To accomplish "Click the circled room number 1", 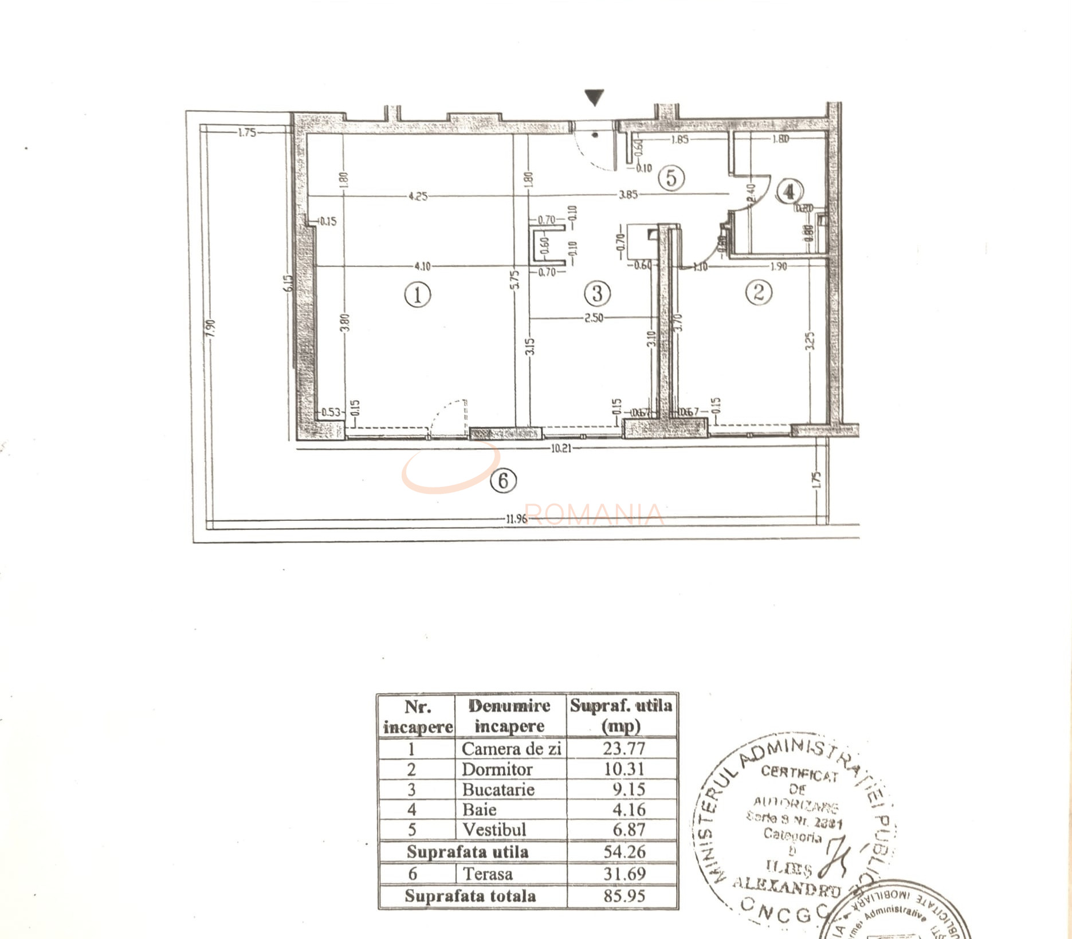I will [x=417, y=295].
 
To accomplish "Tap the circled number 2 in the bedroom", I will [x=758, y=292].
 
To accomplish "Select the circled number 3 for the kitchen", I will [x=597, y=293].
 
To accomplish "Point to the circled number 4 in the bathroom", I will [x=790, y=191].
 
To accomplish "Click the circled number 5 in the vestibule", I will [x=671, y=178].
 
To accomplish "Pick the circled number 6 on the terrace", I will [x=503, y=480].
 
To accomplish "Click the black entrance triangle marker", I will [x=595, y=97].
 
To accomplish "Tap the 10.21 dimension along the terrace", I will [x=561, y=449].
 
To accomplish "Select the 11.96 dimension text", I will [x=516, y=520].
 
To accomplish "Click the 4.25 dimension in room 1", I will [x=418, y=196].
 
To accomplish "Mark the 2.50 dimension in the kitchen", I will [x=594, y=318].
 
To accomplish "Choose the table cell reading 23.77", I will [x=623, y=748].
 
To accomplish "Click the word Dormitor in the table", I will [x=497, y=769].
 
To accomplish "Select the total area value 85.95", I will [x=624, y=895].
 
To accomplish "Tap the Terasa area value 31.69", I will [x=624, y=874].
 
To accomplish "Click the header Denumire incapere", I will [x=509, y=716].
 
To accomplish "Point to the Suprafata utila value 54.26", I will [x=624, y=851].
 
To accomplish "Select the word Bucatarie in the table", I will [x=498, y=789].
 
